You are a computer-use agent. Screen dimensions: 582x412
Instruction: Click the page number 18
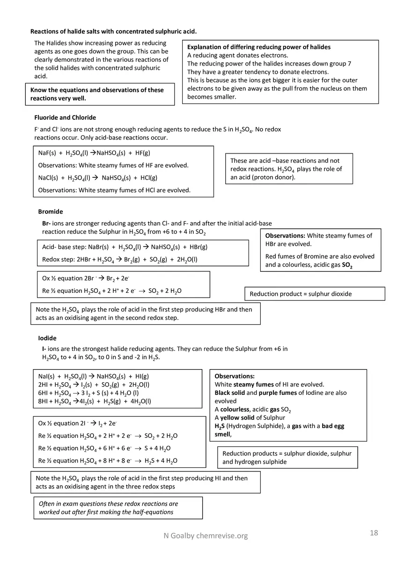point(374,533)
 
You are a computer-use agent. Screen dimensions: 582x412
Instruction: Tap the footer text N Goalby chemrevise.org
point(206,536)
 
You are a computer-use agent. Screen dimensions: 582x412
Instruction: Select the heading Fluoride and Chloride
point(65,117)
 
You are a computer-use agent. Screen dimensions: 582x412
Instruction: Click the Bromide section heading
point(50,212)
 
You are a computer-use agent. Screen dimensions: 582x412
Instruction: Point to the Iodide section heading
point(47,338)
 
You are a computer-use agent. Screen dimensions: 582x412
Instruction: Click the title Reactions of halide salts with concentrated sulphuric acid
point(113,32)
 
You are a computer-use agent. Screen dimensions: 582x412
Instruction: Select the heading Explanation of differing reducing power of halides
point(258,47)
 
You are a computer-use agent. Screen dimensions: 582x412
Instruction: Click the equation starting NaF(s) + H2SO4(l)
point(94,153)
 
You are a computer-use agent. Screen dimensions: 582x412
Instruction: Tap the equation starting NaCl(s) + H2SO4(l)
point(97,178)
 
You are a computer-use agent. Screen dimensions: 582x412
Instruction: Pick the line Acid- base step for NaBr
point(125,247)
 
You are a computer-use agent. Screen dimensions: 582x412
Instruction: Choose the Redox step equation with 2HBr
point(119,260)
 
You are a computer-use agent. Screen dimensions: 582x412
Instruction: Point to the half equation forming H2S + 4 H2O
point(108,461)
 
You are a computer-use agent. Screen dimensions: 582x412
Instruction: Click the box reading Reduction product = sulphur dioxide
point(314,294)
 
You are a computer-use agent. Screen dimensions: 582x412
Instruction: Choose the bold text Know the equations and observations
point(97,94)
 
